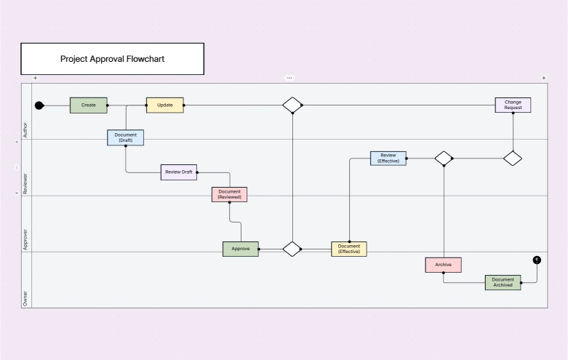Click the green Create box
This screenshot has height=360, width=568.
[89, 105]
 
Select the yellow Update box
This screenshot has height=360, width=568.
[165, 105]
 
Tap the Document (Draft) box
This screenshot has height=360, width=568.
[125, 137]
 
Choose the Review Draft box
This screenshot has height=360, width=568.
[179, 172]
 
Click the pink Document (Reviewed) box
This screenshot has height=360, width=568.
[229, 194]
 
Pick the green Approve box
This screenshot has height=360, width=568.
[241, 249]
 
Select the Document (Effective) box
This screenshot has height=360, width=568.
[349, 249]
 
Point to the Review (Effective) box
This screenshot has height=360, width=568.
[388, 159]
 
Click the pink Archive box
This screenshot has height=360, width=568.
[444, 265]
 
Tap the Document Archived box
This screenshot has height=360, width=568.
[503, 282]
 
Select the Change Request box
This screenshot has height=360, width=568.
[513, 105]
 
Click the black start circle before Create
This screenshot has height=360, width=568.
[39, 105]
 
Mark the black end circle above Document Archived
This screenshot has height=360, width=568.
[537, 260]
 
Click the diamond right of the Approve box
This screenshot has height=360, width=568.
[292, 249]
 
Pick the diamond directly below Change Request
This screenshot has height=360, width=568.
[513, 159]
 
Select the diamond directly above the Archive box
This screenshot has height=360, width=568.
[444, 159]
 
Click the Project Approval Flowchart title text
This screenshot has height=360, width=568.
[112, 59]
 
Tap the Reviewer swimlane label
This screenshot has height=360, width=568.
[25, 183]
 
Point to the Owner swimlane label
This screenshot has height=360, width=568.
[25, 298]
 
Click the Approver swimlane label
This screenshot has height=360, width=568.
[25, 239]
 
